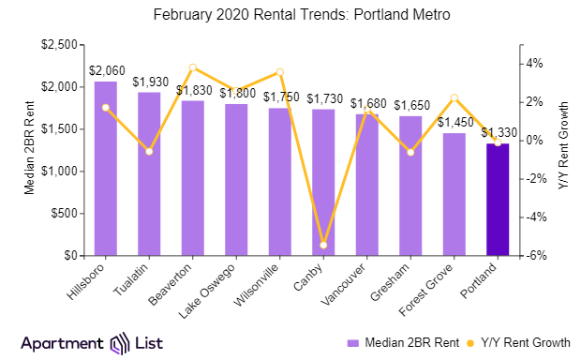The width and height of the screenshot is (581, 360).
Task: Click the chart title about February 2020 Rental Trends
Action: click(290, 16)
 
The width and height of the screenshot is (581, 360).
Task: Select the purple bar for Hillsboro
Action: click(106, 169)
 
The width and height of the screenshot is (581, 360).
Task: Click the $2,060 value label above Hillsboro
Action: click(106, 70)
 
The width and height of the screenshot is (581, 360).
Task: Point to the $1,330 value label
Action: click(499, 132)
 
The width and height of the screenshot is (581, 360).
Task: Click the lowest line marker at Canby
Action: click(323, 245)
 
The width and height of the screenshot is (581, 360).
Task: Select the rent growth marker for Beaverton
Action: click(192, 67)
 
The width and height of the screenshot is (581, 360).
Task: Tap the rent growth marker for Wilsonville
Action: click(279, 72)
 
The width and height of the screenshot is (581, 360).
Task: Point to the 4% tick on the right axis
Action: click(533, 64)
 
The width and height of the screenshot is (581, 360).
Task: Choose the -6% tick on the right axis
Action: click(532, 256)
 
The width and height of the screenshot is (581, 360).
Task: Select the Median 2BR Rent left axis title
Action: click(28, 150)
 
